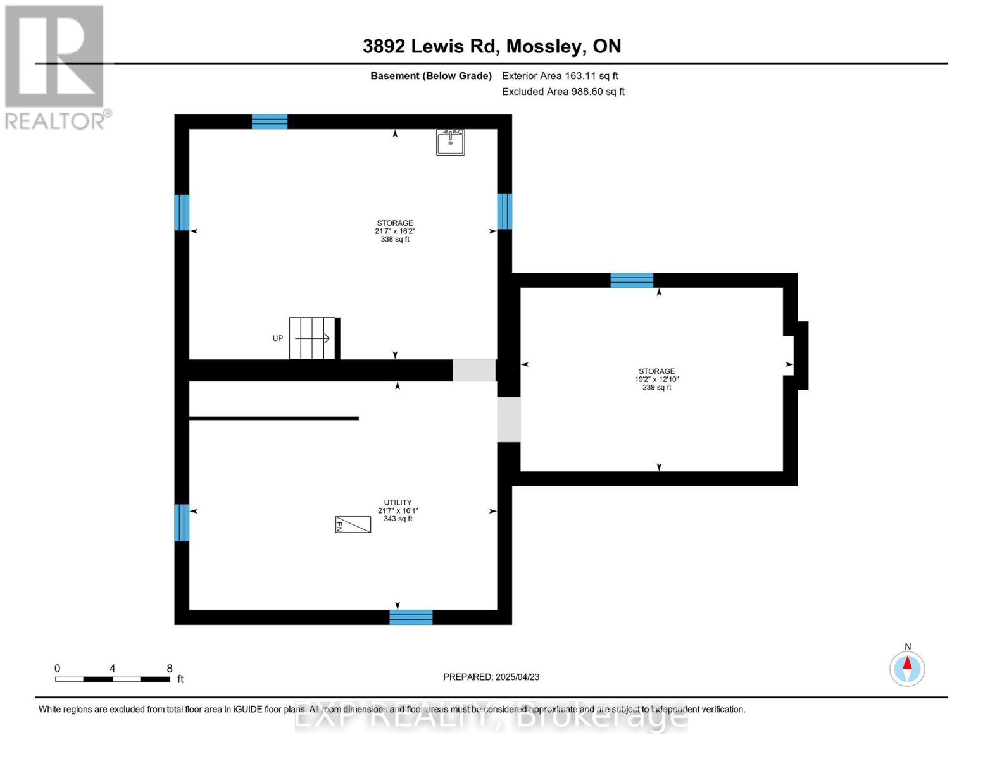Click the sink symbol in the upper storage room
pos(450,142)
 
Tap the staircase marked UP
pos(312,338)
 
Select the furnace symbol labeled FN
pos(353,525)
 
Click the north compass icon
pos(907,669)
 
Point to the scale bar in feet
pos(113,679)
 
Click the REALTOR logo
pos(56,67)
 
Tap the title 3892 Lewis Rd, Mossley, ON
pos(491,46)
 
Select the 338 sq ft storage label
pos(395,231)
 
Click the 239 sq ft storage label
pos(656,379)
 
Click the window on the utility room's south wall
pos(411,617)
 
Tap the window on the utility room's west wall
pos(182,522)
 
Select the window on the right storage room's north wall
pos(632,280)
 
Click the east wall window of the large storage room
pos(504,211)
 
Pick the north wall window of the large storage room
pos(270,121)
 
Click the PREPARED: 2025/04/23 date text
pos(491,677)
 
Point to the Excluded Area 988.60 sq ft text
pos(563,92)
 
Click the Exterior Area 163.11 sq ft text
pos(560,76)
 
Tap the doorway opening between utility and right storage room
pos(508,419)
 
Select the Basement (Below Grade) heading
pos(431,76)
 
